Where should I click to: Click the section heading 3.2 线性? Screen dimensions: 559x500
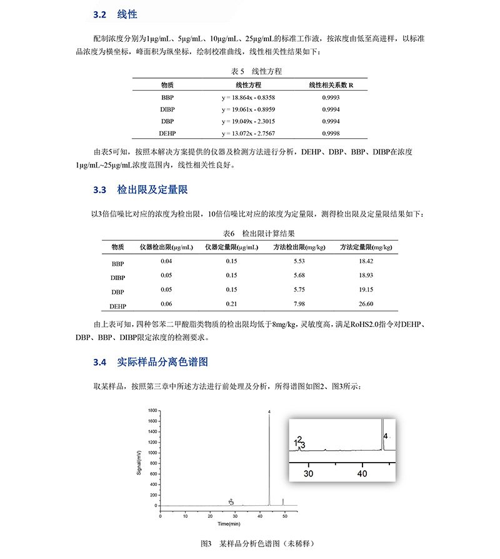(x=115, y=14)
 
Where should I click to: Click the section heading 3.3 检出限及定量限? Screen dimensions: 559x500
(x=141, y=189)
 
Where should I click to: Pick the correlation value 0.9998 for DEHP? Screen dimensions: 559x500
(x=331, y=133)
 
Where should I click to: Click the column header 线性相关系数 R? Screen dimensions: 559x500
(x=331, y=84)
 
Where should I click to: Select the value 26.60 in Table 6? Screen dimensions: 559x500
(x=366, y=304)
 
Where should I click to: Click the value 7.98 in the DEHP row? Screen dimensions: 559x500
(x=299, y=304)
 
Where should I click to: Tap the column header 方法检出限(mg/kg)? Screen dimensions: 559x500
(x=299, y=247)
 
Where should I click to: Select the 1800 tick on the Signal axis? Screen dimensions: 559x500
(x=152, y=410)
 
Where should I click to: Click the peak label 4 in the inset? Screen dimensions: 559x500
(x=386, y=435)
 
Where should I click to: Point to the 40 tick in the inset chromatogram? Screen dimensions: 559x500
(x=362, y=473)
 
